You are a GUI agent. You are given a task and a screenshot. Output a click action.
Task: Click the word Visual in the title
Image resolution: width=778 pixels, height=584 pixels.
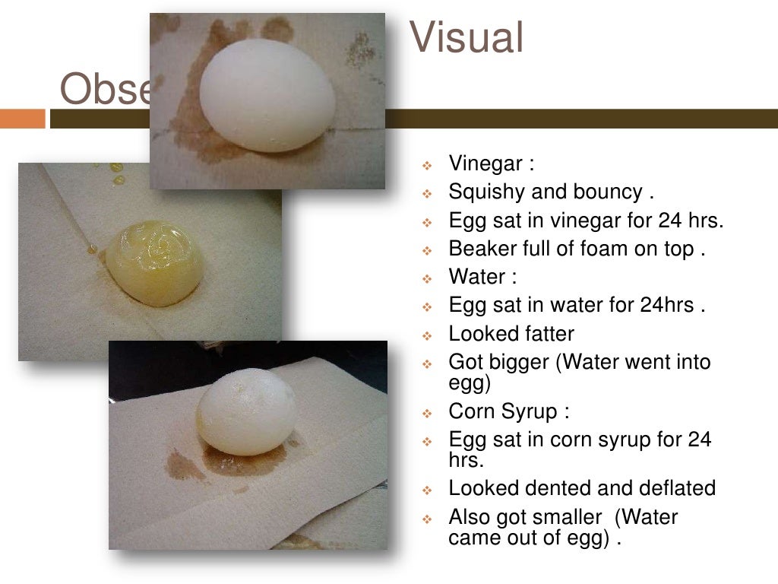tap(466, 38)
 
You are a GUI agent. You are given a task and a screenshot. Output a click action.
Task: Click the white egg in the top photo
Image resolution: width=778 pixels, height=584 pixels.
tap(267, 94)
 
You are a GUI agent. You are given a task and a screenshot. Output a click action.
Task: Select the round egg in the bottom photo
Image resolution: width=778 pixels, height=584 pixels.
tap(246, 411)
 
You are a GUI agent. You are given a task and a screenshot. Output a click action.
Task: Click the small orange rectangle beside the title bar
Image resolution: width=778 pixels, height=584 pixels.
tap(23, 119)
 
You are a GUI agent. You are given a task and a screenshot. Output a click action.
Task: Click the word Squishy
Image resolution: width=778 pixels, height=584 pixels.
tap(486, 192)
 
